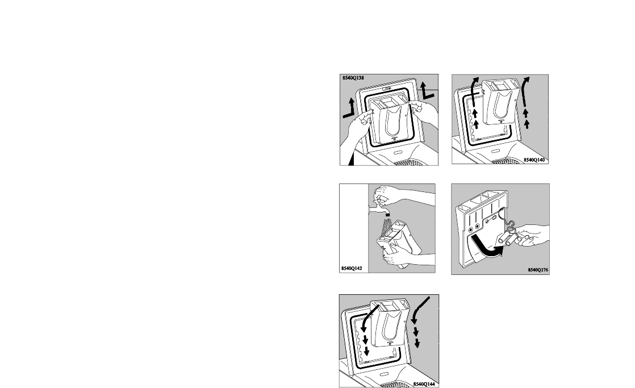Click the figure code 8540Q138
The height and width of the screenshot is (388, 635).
[353, 77]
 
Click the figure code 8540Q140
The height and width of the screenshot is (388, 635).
[534, 160]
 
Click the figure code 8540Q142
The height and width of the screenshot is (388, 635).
[352, 268]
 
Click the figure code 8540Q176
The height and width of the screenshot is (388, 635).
[538, 270]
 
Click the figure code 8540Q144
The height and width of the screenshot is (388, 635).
[424, 383]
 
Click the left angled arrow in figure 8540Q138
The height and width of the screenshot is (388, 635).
[350, 109]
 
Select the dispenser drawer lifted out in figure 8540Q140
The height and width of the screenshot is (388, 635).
[499, 101]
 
